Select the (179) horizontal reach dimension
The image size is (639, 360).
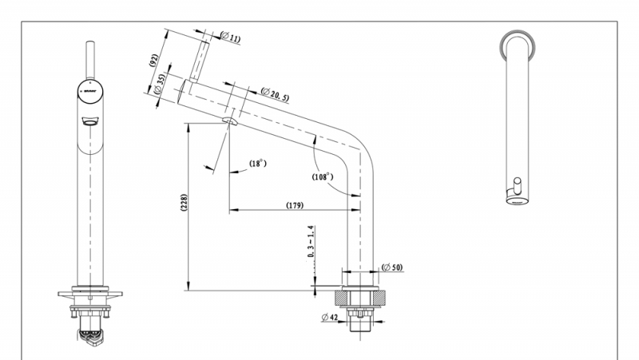point(293,205)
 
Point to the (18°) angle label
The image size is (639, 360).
point(256,164)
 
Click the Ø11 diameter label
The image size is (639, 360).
point(232,37)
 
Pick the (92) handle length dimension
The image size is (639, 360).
point(154,62)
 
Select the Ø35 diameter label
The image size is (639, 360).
point(160,85)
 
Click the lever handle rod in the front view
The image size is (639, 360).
point(90,56)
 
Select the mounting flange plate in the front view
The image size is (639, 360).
point(90,293)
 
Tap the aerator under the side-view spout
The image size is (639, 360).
point(230,122)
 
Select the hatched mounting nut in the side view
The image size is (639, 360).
point(361,299)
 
